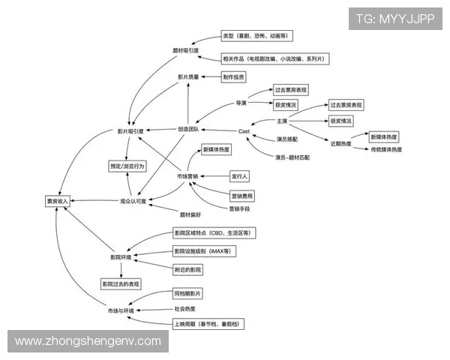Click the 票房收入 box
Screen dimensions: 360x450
[56, 201]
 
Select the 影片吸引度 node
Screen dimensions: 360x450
[130, 130]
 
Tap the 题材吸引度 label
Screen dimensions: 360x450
[185, 50]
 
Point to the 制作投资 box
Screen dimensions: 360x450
[233, 77]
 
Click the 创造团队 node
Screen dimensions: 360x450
[188, 129]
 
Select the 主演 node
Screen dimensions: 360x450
[283, 121]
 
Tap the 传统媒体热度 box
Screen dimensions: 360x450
[386, 150]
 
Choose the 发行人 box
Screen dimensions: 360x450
[239, 175]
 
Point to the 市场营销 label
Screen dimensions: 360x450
[187, 176]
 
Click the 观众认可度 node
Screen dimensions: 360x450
[135, 201]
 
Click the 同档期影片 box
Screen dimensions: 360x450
[187, 293]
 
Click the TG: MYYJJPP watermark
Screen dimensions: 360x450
[395, 18]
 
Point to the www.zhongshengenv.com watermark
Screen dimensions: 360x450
[88, 341]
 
